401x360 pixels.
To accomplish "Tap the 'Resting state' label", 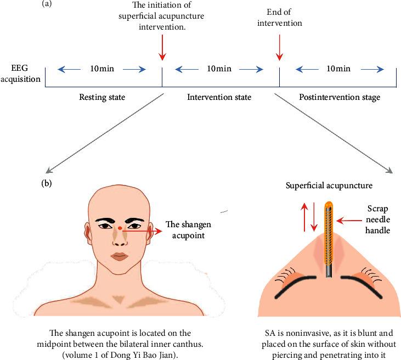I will pyautogui.click(x=103, y=97).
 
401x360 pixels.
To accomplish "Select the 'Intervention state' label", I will pyautogui.click(x=219, y=97).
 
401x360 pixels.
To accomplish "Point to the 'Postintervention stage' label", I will pyautogui.click(x=339, y=97).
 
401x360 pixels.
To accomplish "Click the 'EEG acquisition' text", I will pyautogui.click(x=22, y=74).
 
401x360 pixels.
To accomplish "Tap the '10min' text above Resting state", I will pyautogui.click(x=103, y=69).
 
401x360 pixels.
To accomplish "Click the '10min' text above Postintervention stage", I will pyautogui.click(x=339, y=69).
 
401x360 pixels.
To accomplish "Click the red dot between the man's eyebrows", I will pyautogui.click(x=120, y=227).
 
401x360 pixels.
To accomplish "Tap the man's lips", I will pyautogui.click(x=119, y=257).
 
